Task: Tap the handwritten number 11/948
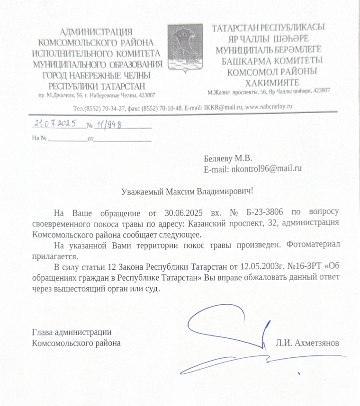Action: pos(108,124)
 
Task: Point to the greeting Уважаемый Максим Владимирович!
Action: pos(187,191)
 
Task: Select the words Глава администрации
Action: pos(72,332)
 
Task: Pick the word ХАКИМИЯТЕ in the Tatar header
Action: pos(270,82)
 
